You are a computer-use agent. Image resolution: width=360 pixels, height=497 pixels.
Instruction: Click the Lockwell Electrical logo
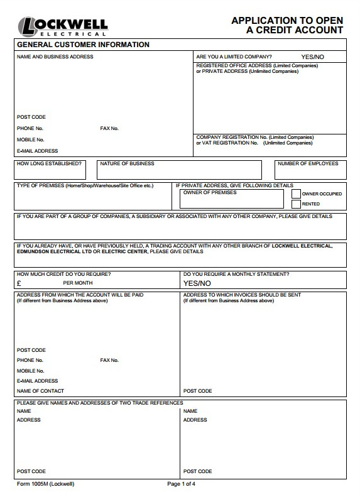(62, 26)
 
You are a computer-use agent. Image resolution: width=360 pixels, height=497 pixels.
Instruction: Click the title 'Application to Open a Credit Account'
(287, 25)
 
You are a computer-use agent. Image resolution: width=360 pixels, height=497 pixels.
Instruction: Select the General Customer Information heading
(83, 45)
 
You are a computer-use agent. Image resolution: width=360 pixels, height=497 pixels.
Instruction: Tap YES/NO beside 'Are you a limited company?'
(312, 57)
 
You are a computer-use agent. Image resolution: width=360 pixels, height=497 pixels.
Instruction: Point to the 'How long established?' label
(49, 163)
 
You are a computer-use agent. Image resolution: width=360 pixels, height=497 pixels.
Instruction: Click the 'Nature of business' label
(127, 163)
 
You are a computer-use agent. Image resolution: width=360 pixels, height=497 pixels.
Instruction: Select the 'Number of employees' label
(308, 163)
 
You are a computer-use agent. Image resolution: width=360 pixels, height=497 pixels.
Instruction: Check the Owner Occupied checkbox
(297, 194)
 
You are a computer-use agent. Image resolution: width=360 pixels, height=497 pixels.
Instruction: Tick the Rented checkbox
(297, 204)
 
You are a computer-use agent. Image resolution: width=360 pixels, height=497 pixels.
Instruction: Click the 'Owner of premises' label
(210, 192)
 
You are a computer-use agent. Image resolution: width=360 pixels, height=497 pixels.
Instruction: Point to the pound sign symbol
(19, 283)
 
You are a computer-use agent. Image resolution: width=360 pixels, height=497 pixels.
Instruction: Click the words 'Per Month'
(78, 283)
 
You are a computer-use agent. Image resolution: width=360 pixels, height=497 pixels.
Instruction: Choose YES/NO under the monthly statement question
(197, 283)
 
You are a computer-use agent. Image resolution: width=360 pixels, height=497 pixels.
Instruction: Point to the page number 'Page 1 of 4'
(182, 484)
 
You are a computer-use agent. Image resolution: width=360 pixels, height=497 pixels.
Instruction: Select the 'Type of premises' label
(85, 185)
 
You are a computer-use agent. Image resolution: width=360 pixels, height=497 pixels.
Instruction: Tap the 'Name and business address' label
(55, 57)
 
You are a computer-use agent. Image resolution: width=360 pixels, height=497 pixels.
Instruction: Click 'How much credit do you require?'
(63, 274)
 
